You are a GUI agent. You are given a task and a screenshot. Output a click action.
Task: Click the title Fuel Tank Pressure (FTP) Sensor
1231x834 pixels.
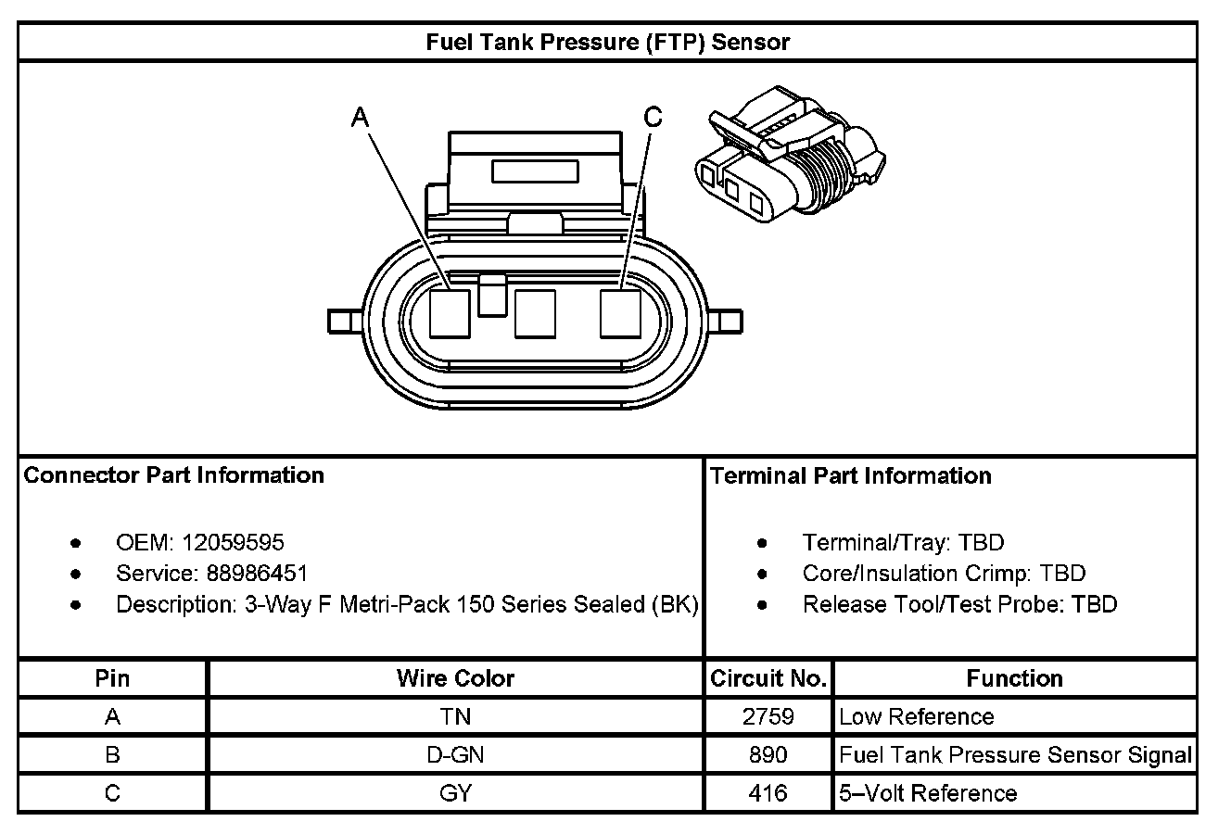click(607, 43)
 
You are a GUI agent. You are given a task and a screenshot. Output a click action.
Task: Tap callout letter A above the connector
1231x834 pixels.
click(361, 117)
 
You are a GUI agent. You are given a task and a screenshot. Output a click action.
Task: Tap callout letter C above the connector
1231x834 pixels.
click(654, 117)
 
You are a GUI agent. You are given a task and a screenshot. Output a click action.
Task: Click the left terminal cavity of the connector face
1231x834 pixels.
click(452, 312)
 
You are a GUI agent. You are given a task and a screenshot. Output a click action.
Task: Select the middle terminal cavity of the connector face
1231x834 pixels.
click(535, 312)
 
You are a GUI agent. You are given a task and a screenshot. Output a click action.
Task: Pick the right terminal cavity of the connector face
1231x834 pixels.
click(620, 312)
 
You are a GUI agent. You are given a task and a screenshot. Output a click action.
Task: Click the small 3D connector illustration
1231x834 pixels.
click(789, 155)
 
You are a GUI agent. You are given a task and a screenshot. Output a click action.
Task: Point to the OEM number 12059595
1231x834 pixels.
click(234, 542)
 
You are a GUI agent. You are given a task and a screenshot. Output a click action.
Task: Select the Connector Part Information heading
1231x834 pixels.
click(174, 475)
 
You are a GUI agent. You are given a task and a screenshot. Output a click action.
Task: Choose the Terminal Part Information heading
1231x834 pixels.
click(851, 476)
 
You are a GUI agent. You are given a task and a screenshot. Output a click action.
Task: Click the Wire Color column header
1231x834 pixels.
click(455, 678)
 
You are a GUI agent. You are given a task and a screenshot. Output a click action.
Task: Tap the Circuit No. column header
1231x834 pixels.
click(768, 678)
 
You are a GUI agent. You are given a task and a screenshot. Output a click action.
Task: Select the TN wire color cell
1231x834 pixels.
click(455, 716)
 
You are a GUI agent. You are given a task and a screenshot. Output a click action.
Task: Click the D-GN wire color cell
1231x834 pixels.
click(455, 755)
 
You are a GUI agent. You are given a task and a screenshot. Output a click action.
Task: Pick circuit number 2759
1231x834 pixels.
click(768, 716)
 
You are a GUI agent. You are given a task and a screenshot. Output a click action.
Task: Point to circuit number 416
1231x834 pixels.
click(768, 793)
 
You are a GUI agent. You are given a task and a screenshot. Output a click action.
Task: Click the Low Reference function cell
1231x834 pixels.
click(916, 716)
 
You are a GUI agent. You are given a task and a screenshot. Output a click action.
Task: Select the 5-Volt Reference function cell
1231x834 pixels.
click(928, 793)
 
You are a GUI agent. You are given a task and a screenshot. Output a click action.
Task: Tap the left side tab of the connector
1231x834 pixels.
click(343, 321)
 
